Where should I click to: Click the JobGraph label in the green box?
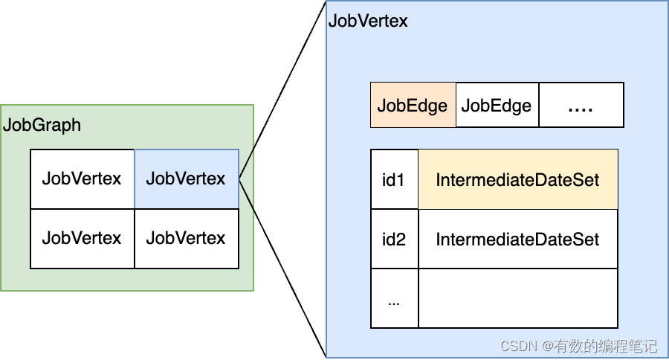click(42, 125)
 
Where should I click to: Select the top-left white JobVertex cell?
click(82, 179)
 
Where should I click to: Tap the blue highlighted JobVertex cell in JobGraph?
click(186, 179)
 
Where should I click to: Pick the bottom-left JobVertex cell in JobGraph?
click(82, 238)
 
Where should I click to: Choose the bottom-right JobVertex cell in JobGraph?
click(186, 238)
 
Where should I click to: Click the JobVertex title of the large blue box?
click(368, 21)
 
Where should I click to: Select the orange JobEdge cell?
click(413, 106)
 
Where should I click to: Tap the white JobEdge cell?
click(497, 106)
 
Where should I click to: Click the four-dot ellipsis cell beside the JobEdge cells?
click(581, 106)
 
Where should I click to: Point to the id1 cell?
click(394, 179)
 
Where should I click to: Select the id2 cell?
click(394, 239)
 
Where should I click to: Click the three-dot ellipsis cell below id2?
click(394, 298)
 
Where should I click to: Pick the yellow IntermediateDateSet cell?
click(517, 179)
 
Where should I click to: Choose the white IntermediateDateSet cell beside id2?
click(517, 239)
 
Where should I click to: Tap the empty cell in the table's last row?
click(517, 298)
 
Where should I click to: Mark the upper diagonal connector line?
click(282, 89)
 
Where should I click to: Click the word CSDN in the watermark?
click(517, 346)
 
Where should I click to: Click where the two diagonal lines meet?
click(239, 179)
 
